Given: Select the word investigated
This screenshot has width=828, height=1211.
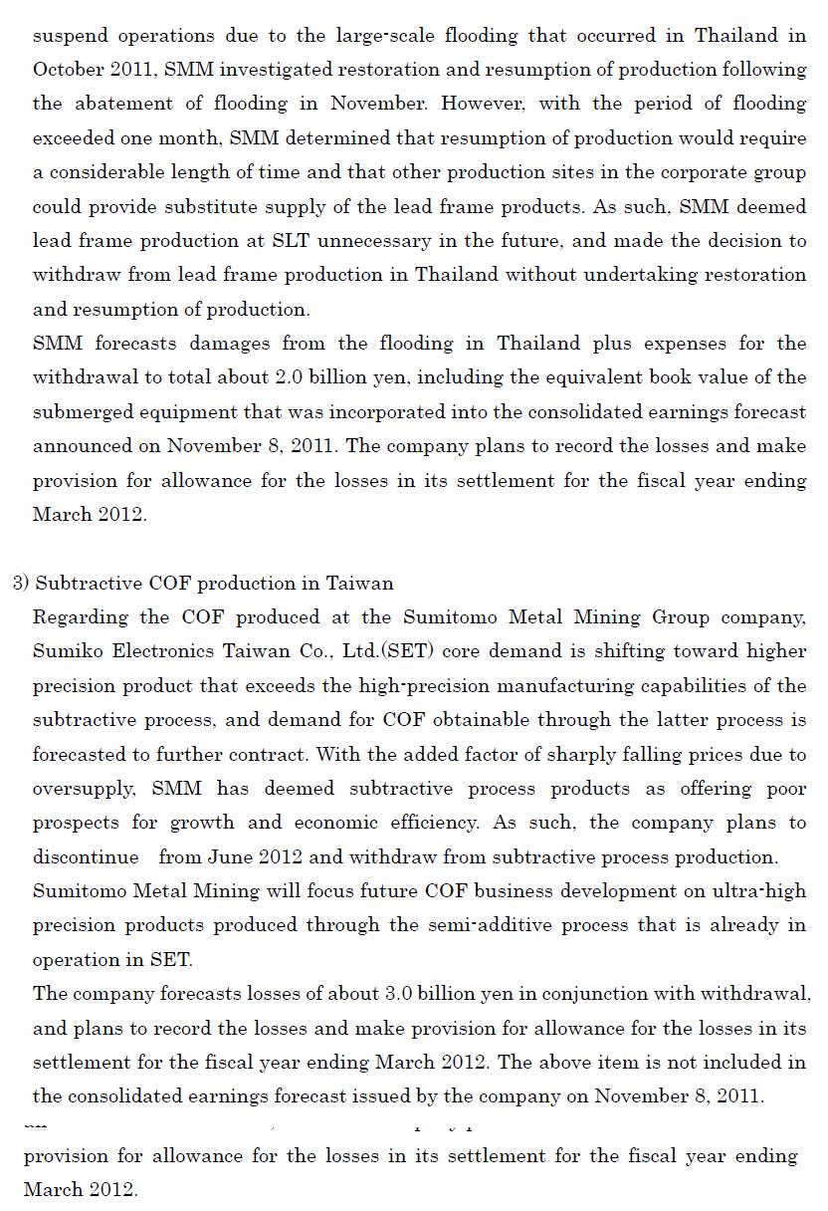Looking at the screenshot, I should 273,70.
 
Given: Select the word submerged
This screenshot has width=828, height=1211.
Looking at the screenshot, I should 80,411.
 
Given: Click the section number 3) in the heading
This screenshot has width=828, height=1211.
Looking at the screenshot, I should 21,583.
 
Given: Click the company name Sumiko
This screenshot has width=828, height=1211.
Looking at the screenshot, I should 67,651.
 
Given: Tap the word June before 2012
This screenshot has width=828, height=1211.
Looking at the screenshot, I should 230,856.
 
